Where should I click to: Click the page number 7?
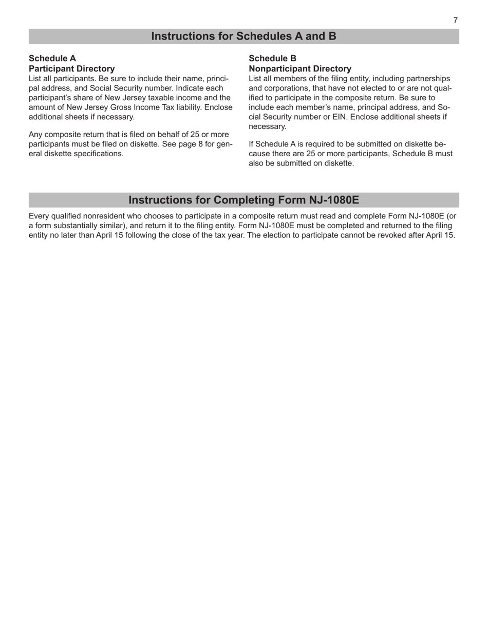455,21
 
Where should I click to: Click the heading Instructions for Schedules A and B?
243,36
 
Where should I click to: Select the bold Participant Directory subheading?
71,68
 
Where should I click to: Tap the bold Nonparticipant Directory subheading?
299,68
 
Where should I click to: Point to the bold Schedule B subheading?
272,59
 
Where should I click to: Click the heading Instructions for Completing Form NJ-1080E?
243,200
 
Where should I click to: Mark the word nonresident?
106,216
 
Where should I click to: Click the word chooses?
157,216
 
